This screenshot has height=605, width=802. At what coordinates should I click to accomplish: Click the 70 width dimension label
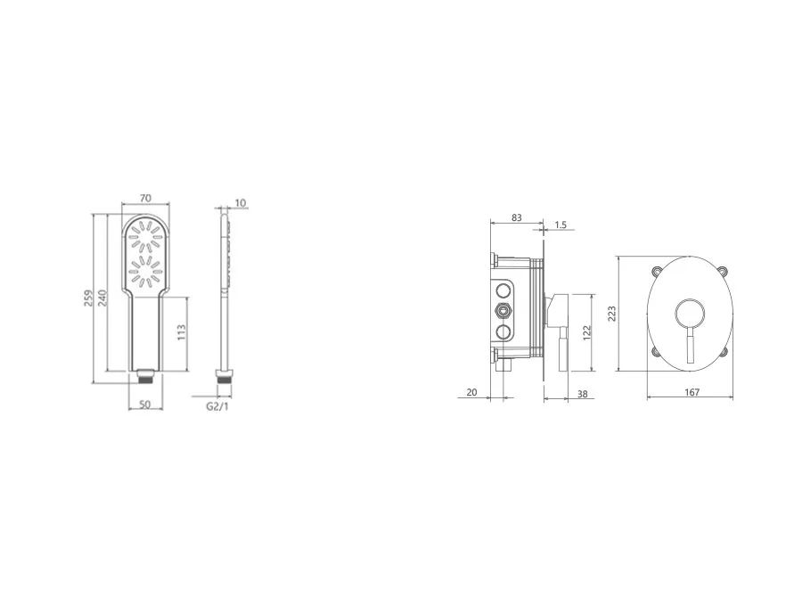coord(144,198)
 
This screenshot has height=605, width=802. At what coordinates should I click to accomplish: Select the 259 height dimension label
coord(88,298)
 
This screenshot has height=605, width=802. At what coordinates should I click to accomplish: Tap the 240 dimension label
coord(102,298)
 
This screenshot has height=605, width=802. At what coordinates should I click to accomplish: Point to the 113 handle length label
coord(181,333)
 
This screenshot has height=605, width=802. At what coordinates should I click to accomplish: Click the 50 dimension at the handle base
coord(144,404)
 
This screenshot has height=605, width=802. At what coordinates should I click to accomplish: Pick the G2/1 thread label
coord(217,406)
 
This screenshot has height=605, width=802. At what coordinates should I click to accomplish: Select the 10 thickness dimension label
coord(240,203)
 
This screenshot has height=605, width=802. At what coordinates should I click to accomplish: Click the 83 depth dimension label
coord(517,217)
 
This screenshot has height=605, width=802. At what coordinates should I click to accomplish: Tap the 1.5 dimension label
coord(561,225)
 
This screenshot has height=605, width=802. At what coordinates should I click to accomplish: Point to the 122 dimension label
coord(587,332)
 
